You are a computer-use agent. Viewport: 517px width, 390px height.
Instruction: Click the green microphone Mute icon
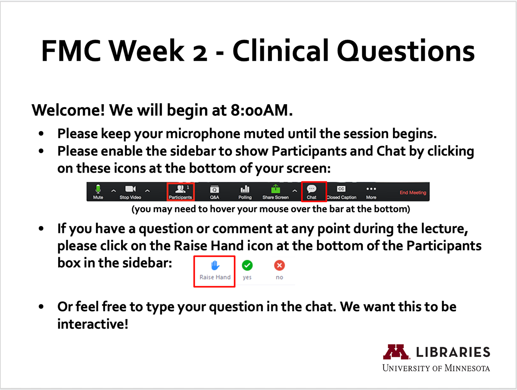(x=98, y=189)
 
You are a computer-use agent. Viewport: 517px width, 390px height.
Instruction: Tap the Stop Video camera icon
(x=130, y=189)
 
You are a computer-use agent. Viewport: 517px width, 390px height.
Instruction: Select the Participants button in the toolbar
(x=181, y=192)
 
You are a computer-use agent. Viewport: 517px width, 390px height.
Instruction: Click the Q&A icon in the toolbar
(x=215, y=189)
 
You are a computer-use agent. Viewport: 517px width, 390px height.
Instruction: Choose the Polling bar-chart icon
(x=245, y=189)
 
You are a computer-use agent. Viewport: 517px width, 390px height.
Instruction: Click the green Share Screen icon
(x=276, y=189)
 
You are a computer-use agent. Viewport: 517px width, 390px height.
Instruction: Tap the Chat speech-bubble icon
(x=311, y=189)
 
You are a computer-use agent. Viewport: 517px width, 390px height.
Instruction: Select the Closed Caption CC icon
(x=341, y=189)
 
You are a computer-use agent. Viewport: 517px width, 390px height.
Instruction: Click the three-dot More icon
(x=371, y=189)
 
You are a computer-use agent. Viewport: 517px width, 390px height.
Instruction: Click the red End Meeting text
(x=413, y=192)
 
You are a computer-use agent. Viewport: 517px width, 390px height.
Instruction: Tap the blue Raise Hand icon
(x=215, y=266)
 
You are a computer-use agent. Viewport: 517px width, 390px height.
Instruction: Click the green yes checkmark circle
(x=247, y=266)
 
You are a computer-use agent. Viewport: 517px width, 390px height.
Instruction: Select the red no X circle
(x=280, y=266)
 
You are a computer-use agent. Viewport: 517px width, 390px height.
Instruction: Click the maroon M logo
(x=396, y=352)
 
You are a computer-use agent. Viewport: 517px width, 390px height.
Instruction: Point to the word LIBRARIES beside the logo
(x=453, y=352)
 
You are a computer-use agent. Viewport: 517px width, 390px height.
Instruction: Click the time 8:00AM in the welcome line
(x=262, y=110)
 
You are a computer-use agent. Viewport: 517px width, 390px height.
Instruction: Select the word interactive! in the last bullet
(x=93, y=324)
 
